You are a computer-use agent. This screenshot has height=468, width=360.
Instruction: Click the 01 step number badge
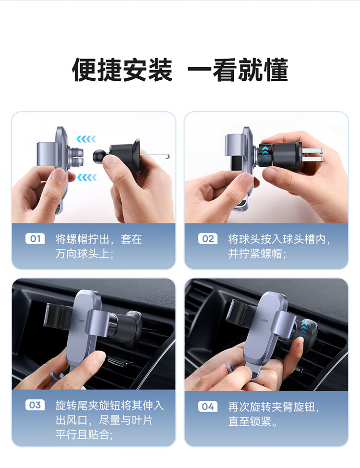coord(35,239)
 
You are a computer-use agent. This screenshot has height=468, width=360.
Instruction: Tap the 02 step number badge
coord(208,239)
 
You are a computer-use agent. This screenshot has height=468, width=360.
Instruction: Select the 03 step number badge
coord(35,405)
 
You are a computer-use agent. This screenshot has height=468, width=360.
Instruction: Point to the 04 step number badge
coord(208,406)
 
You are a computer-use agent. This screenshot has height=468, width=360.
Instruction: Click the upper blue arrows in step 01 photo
coord(86,139)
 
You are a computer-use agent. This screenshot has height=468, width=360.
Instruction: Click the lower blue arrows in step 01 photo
coord(87,178)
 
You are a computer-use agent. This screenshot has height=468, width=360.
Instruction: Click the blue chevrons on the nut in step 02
coord(265,155)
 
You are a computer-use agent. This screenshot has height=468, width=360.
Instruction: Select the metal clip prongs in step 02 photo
coord(312,154)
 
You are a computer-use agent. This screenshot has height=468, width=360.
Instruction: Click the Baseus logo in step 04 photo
coord(265,320)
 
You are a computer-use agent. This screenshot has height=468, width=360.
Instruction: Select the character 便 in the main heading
coord(84,70)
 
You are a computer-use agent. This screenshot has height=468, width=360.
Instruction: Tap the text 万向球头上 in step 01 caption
coord(82,254)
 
